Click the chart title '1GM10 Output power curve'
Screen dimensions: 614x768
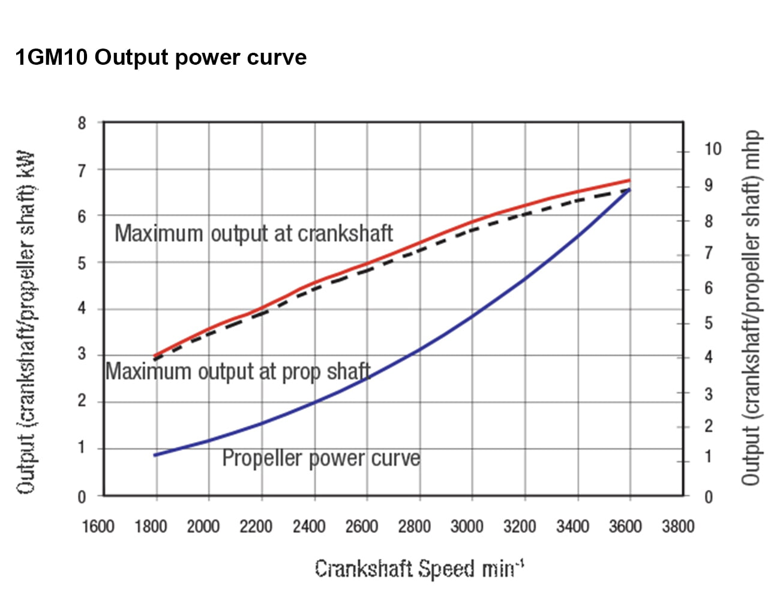(161, 58)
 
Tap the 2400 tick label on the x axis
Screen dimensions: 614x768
(308, 526)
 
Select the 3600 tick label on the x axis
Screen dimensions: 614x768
(625, 526)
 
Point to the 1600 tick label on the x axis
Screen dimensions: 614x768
(98, 526)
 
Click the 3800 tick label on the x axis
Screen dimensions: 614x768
(678, 526)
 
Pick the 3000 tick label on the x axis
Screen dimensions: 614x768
(467, 526)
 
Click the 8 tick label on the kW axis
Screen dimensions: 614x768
(82, 124)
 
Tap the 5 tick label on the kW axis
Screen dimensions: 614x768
(82, 263)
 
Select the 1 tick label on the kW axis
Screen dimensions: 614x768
(82, 448)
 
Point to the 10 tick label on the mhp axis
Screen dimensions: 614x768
(712, 149)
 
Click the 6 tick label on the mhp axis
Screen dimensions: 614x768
(709, 288)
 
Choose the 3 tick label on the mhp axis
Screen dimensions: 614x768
(709, 394)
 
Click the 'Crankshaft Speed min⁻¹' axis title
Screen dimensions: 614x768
(419, 568)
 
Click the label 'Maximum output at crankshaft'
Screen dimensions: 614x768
(254, 233)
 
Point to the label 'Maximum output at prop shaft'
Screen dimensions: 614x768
(238, 372)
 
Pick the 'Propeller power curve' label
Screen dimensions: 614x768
(321, 458)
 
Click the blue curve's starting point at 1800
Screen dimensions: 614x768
(156, 455)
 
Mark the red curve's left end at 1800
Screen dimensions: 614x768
(156, 356)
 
